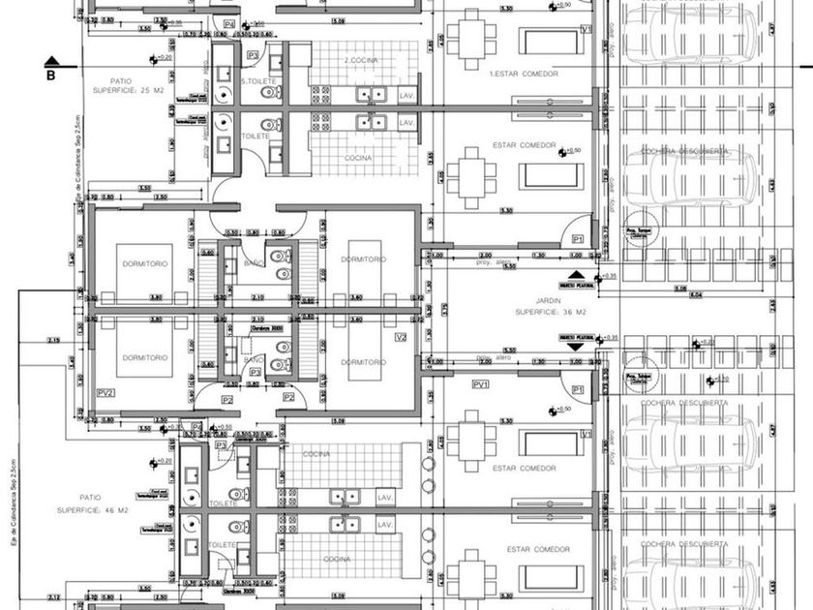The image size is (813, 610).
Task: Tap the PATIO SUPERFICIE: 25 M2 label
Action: point(126,85)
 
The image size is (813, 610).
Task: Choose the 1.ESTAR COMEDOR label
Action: point(522,74)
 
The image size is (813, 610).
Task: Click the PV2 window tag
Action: point(106,392)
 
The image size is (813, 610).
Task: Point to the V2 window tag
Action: point(402,337)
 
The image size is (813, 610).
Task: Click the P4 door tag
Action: point(229,23)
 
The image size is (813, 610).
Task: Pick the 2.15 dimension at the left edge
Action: point(52,340)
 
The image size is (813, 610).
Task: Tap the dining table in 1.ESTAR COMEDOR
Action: point(470,42)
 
